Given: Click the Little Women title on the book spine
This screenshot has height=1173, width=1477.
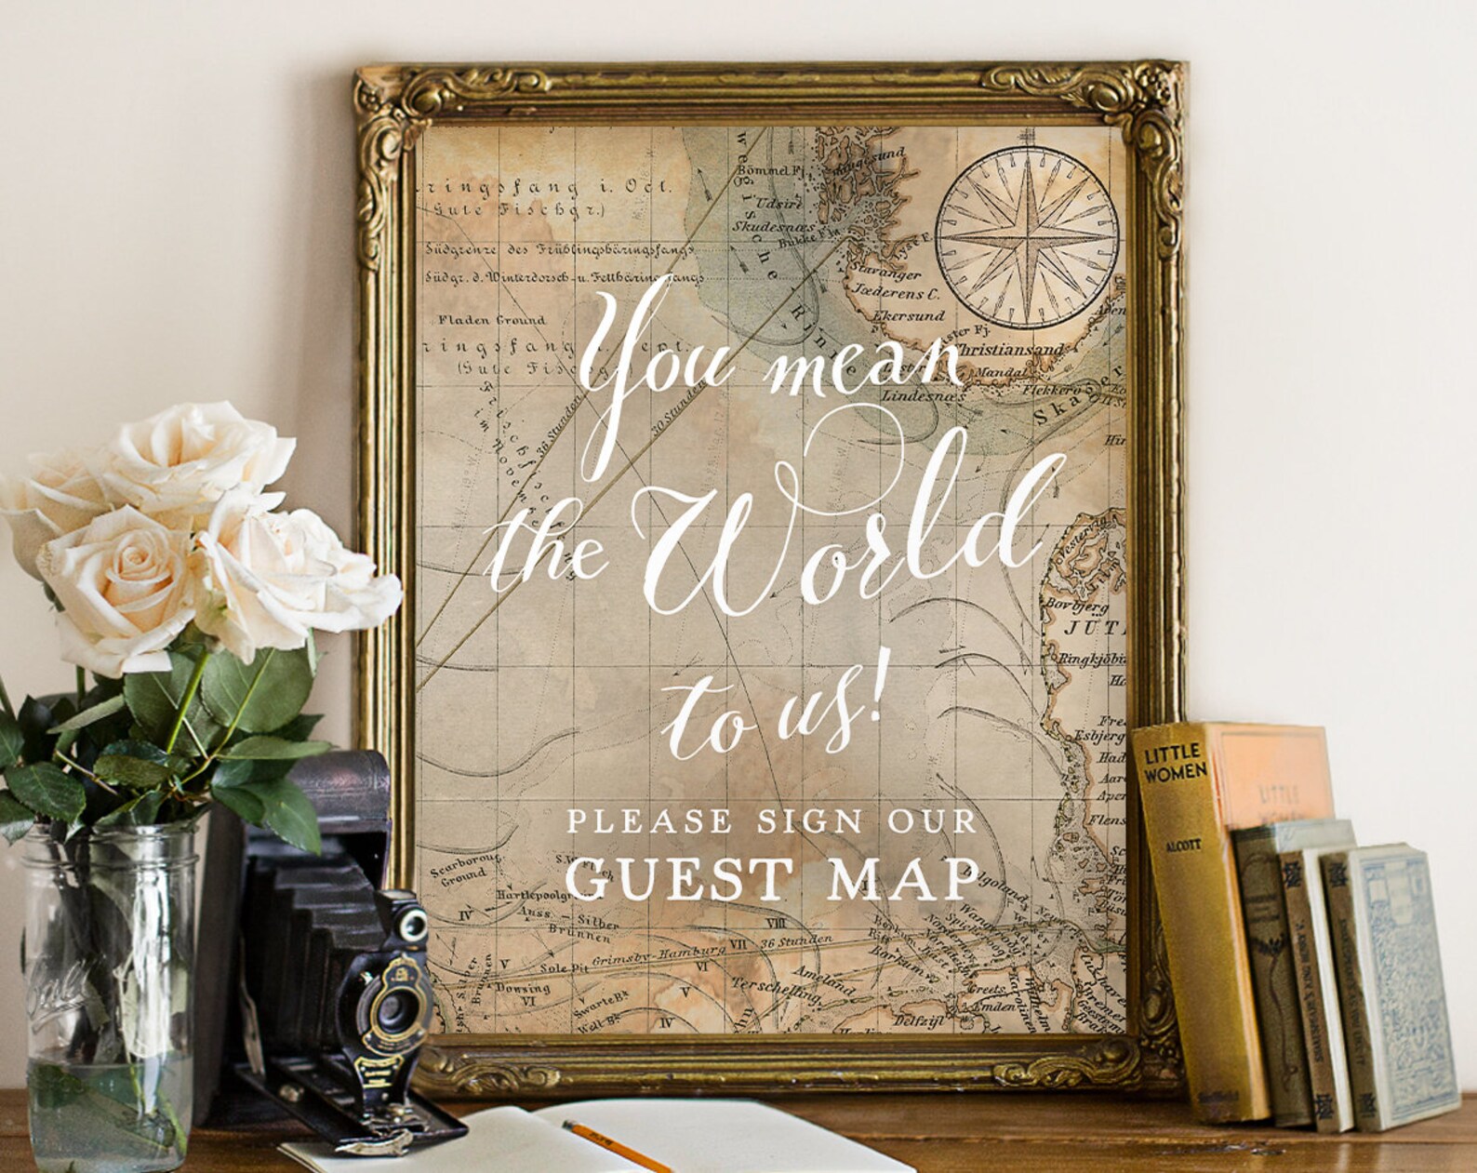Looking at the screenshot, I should point(1176,761).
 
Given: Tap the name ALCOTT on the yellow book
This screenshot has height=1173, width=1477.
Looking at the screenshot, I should point(1186,845).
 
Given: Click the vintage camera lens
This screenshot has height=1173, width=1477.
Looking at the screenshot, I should point(393,1006).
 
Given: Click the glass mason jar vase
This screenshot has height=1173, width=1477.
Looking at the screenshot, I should point(102,986).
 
